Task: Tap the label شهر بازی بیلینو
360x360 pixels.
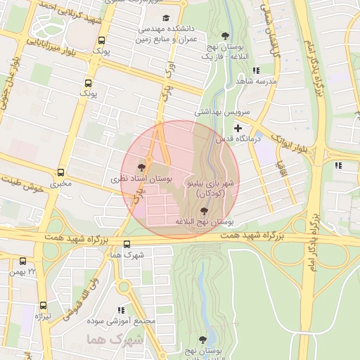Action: [212, 181]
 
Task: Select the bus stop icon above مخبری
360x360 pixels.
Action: [60, 172]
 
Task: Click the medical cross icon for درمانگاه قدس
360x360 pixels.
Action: [238, 128]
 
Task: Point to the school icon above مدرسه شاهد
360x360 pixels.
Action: [256, 70]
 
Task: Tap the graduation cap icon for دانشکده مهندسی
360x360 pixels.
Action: [166, 18]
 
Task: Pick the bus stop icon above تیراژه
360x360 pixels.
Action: [43, 305]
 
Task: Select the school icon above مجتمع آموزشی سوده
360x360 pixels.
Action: [121, 309]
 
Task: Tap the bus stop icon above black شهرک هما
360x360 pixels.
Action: [127, 244]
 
